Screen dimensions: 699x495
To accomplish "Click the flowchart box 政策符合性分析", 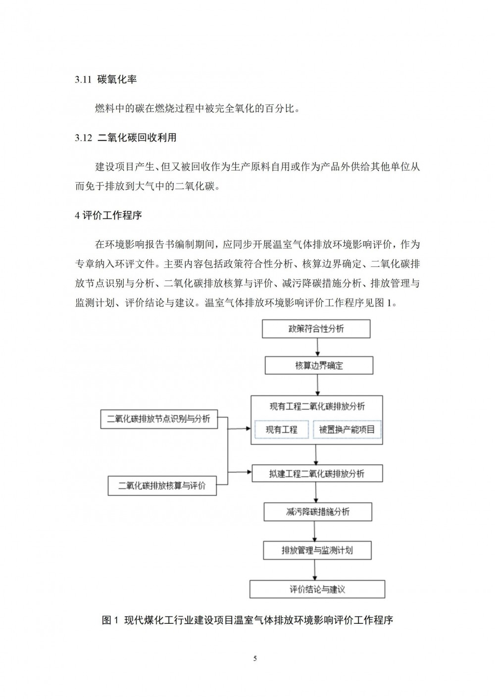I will [x=316, y=329].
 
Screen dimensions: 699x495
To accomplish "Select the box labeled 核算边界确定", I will [x=319, y=366].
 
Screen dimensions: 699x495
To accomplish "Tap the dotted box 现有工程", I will [x=281, y=429].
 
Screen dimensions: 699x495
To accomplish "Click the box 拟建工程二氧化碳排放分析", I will [x=317, y=474].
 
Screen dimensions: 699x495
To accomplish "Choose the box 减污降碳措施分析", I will [x=317, y=512].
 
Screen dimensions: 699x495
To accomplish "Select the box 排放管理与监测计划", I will [x=317, y=550].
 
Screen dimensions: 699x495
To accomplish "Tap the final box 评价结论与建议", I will [x=317, y=589].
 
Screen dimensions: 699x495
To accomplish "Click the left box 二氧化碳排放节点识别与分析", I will [x=159, y=419].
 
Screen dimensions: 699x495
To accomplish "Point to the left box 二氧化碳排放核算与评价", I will [x=162, y=485].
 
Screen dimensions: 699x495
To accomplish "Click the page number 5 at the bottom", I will [x=255, y=658].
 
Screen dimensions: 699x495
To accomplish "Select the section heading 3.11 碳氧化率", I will [x=105, y=80].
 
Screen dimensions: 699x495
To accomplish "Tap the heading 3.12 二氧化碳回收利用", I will [x=126, y=138].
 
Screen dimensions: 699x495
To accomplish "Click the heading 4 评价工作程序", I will [x=108, y=216].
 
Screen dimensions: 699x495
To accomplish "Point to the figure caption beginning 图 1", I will [x=247, y=620].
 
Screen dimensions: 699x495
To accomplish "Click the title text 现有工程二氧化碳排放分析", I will [x=317, y=406].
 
